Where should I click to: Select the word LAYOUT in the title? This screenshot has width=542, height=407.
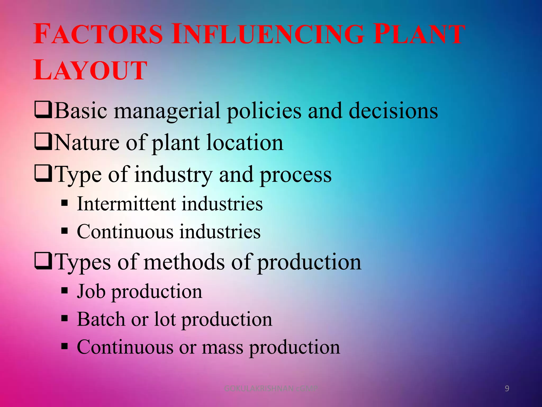[90, 70]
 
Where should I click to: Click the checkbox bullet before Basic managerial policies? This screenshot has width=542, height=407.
[43, 110]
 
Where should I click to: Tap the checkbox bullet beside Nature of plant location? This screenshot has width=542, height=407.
[43, 142]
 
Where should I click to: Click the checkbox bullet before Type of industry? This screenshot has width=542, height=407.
[43, 174]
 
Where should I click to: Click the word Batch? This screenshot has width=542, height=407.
[101, 319]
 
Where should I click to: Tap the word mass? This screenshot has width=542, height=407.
[222, 347]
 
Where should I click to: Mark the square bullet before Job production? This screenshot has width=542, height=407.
[65, 291]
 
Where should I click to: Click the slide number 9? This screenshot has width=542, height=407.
[507, 388]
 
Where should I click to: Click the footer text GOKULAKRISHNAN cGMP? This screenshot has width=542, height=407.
[270, 389]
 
